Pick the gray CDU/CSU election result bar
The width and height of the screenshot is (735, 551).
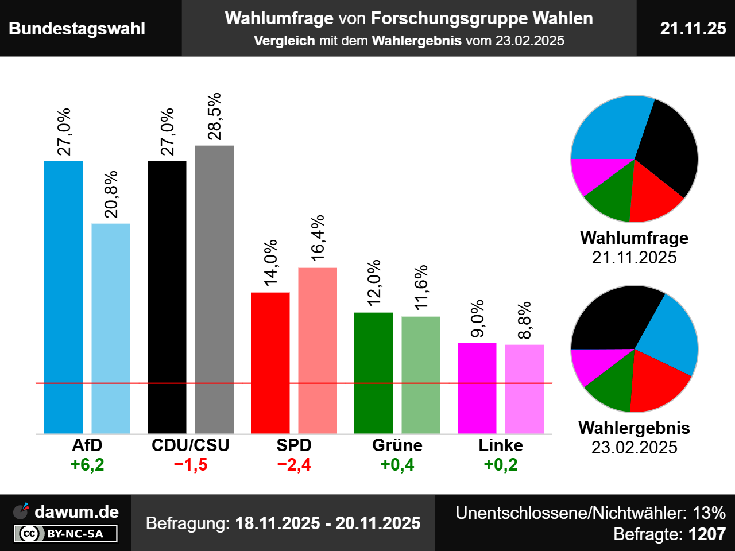click(214, 289)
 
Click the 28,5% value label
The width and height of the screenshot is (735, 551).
click(214, 117)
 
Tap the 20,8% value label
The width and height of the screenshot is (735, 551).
click(111, 195)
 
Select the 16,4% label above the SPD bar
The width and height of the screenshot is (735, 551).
click(318, 238)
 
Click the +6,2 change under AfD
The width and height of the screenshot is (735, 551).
click(87, 464)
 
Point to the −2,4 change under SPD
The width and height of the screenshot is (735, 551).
click(294, 464)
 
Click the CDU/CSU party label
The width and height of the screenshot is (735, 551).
click(191, 445)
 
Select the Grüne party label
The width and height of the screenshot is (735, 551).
click(397, 445)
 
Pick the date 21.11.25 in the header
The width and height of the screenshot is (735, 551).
click(693, 28)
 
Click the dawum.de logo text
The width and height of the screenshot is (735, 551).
click(76, 511)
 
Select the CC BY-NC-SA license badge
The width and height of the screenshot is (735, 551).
click(65, 534)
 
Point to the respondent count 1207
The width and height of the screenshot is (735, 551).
click(707, 534)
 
